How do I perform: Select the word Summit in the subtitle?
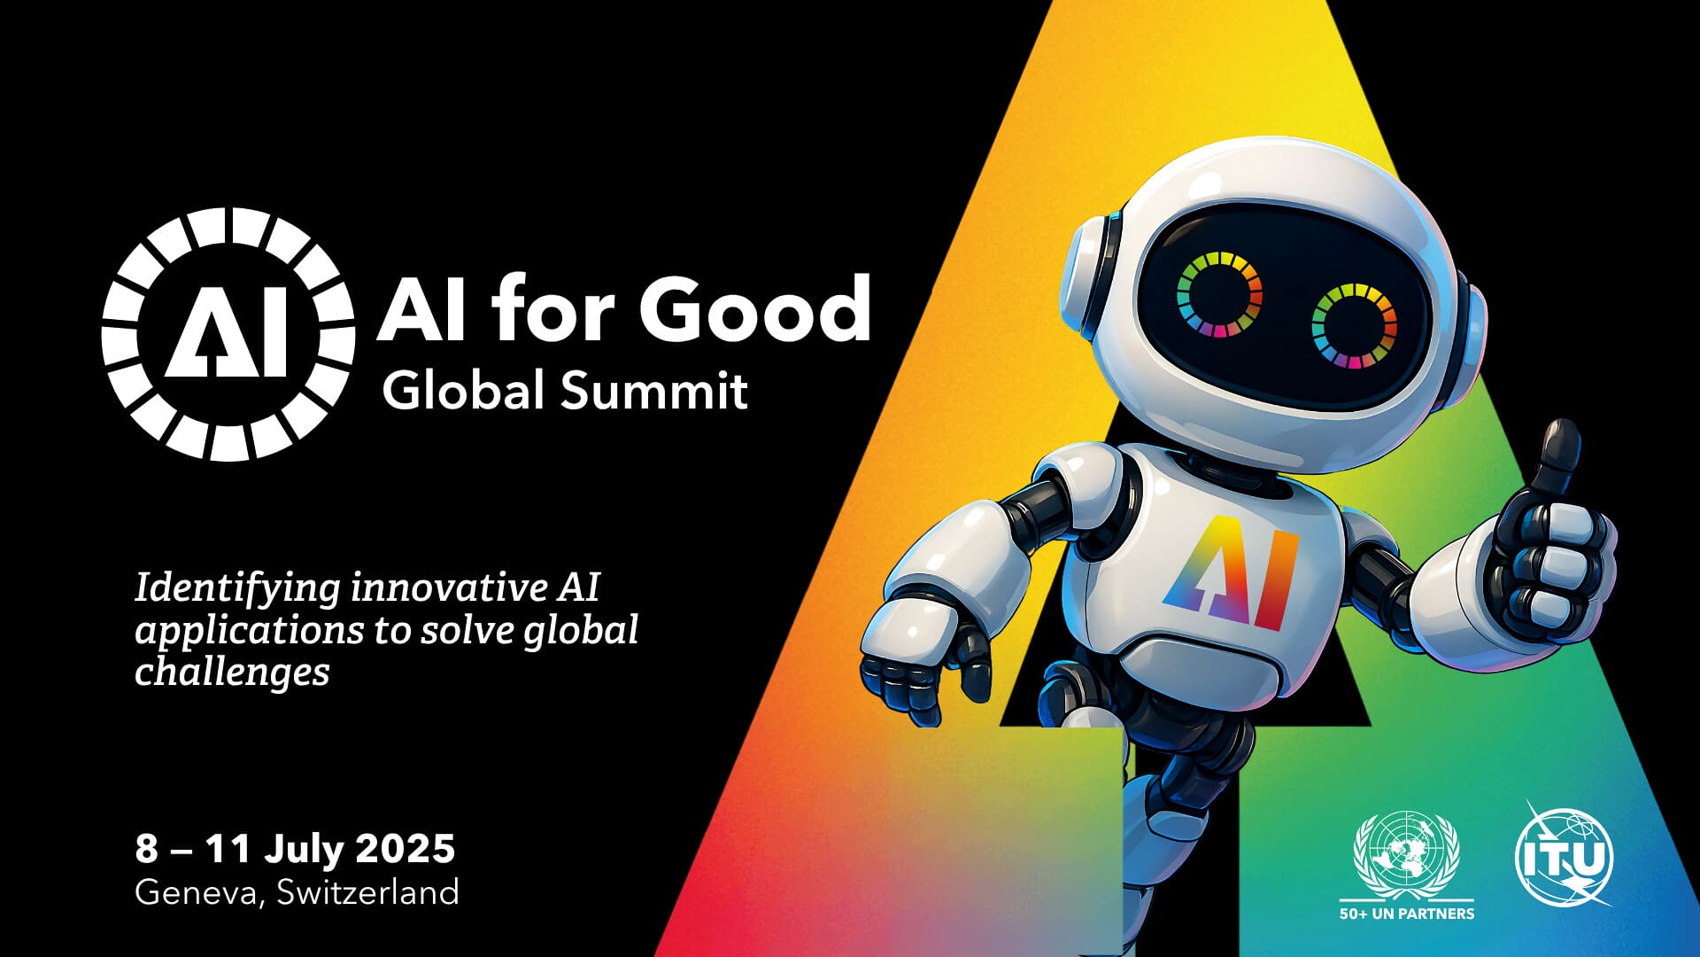click(x=655, y=390)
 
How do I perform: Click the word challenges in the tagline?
click(x=232, y=671)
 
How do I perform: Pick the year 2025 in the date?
click(x=406, y=848)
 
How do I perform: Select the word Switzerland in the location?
click(x=368, y=891)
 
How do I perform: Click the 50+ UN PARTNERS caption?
click(x=1407, y=914)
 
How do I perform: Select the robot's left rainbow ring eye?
click(x=1218, y=295)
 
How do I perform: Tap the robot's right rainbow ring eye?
click(x=1354, y=325)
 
